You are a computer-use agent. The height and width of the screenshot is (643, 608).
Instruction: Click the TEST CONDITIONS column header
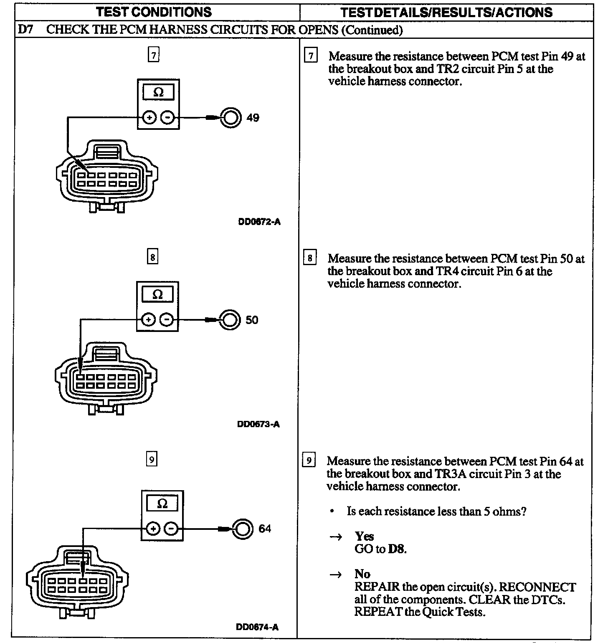(154, 12)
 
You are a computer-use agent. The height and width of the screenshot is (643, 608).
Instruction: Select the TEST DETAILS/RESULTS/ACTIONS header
(446, 12)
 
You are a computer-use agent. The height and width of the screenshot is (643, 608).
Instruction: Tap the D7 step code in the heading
(26, 30)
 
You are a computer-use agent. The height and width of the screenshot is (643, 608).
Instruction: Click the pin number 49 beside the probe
(253, 118)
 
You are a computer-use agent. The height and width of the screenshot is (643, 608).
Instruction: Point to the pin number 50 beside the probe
(252, 320)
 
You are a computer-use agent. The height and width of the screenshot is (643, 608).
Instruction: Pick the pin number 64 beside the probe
(265, 529)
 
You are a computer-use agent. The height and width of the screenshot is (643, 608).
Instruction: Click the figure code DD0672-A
(259, 222)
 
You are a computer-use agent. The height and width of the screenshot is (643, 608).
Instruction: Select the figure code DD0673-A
(258, 424)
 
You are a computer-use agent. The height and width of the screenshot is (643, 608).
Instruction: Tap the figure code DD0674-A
(257, 627)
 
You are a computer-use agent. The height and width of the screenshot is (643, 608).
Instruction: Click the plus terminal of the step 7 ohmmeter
(149, 118)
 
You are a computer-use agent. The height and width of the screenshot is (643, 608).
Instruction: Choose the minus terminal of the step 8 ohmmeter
(166, 320)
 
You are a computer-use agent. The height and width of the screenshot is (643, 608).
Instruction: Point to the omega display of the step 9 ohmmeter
(162, 504)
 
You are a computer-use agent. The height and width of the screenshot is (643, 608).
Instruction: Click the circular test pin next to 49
(231, 118)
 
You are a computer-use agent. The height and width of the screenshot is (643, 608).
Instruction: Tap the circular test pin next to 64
(243, 529)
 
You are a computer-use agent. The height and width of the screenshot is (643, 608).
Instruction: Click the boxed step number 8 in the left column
(152, 257)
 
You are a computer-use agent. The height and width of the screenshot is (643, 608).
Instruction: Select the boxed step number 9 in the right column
(309, 461)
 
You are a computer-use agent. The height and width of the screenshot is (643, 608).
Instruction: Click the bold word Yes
(364, 536)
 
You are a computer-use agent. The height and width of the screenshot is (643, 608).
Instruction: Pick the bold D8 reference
(396, 549)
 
